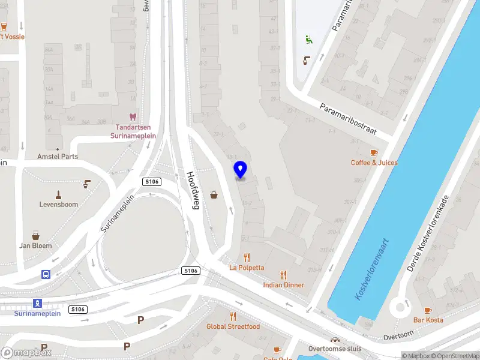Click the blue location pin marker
(240, 170)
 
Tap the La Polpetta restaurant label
(246, 267)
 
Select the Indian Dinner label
(283, 285)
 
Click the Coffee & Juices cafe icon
(374, 153)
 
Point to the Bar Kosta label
(428, 320)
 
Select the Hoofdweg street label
(196, 191)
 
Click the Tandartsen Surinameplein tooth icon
(133, 118)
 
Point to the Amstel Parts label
(58, 157)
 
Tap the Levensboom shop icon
(58, 194)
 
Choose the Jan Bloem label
(35, 245)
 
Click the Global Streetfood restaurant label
(233, 326)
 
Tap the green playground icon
(308, 40)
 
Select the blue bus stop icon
(45, 274)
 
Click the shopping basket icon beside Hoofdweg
(214, 194)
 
